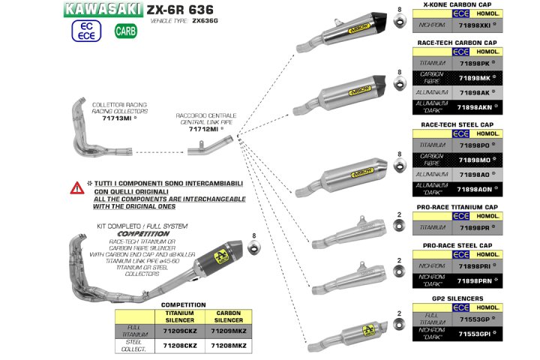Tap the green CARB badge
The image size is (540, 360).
point(126,31)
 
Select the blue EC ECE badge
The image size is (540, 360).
point(85,31)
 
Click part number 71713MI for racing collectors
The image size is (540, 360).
point(118,118)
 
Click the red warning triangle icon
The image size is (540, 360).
point(76,187)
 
